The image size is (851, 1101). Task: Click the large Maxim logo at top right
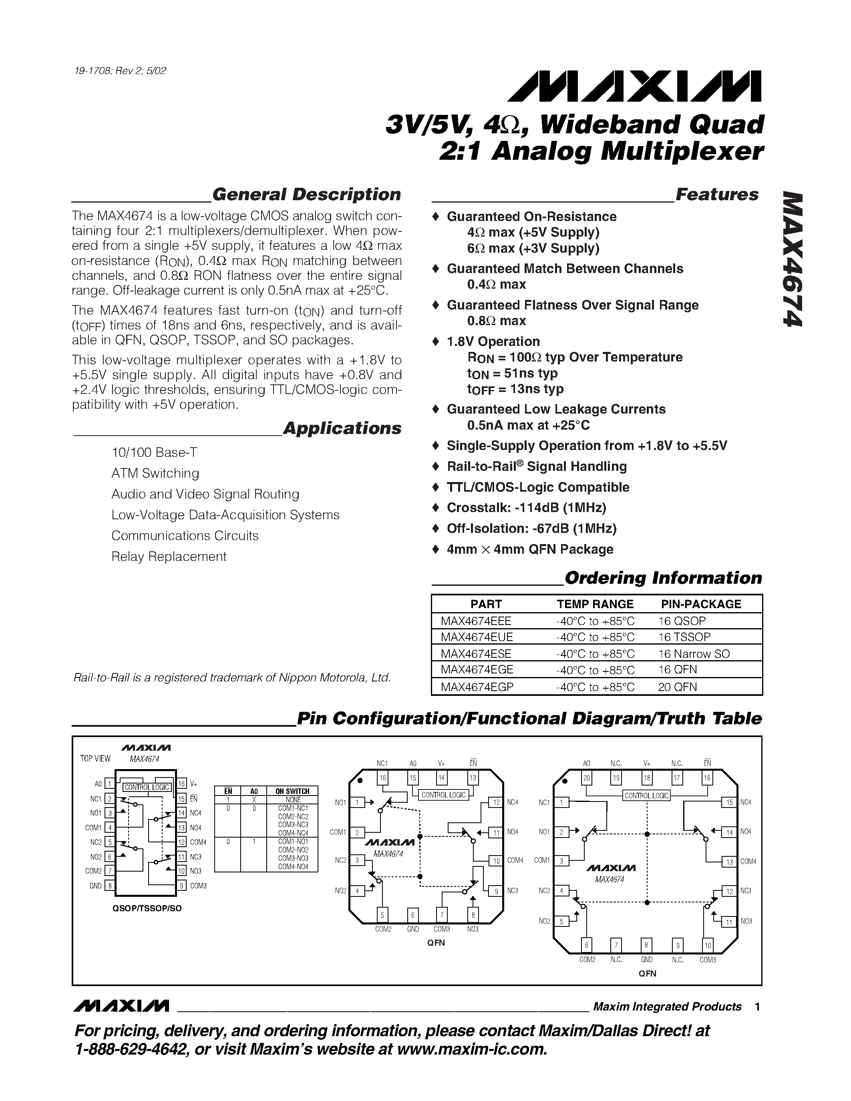point(634,87)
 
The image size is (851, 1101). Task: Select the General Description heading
point(306,195)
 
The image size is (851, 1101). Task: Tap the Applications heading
point(342,428)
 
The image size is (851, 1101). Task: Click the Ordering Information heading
point(663,578)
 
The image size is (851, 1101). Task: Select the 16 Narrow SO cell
point(694,653)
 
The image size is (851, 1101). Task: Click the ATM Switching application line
point(155,473)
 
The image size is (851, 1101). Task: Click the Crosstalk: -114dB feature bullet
point(526,508)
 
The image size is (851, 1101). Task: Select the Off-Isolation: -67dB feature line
point(531,528)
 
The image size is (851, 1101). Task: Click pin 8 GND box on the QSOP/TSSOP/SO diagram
point(109,886)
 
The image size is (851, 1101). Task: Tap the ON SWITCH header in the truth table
point(292,792)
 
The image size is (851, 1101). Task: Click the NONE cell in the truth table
point(293,800)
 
